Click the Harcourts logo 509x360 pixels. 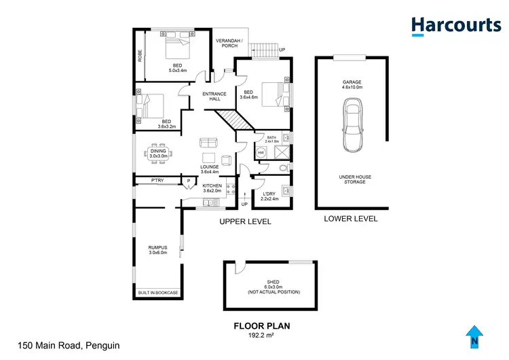(x=455, y=25)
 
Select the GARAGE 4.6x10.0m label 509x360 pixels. (x=352, y=84)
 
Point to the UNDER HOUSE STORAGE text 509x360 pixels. (x=352, y=179)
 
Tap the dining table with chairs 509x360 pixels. (x=157, y=151)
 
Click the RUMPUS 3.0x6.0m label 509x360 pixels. (x=158, y=250)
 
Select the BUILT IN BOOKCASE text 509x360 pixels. (x=158, y=293)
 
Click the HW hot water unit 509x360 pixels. (x=261, y=154)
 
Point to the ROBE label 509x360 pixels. (x=140, y=56)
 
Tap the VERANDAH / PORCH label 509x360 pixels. (x=229, y=43)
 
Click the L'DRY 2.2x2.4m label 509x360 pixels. (x=270, y=197)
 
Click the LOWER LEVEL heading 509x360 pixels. (x=350, y=219)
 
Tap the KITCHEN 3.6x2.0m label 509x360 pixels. (x=212, y=188)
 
